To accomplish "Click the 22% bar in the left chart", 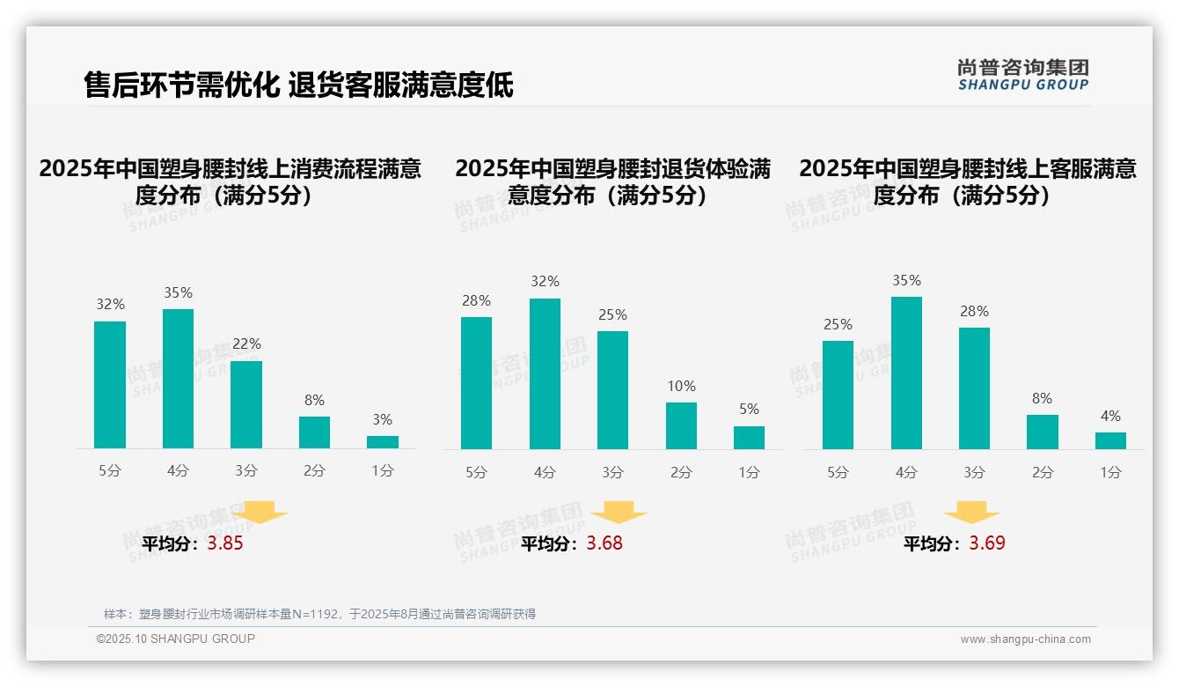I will (x=246, y=404).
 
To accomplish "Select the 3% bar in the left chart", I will (x=383, y=442).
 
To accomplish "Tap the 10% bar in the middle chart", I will (x=681, y=425).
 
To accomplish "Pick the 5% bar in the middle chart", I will (x=749, y=438).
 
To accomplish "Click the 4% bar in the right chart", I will (x=1110, y=440).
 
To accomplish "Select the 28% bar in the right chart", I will (x=974, y=388).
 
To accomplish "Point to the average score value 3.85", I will (x=225, y=543).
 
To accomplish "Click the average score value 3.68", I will (x=604, y=543).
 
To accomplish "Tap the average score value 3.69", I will (x=987, y=543).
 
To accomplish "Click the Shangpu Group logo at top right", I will (x=1022, y=75).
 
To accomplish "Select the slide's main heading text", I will (x=298, y=85).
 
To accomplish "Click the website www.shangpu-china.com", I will (x=1025, y=639).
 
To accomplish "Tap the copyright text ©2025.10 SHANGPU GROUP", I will (x=176, y=639).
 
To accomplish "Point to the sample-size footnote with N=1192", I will (x=319, y=614).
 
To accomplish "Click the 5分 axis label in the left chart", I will (x=110, y=471).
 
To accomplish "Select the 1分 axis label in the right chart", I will (x=1110, y=472).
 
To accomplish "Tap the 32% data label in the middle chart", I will (x=545, y=282).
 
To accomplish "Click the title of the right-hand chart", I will (x=967, y=181).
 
